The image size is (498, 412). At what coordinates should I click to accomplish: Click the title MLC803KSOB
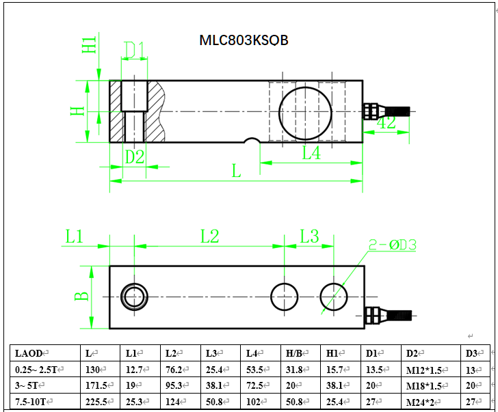[244, 40]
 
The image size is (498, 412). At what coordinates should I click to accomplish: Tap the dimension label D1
[134, 50]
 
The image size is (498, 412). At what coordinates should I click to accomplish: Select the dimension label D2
[134, 156]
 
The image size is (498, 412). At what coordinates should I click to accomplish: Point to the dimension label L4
[311, 153]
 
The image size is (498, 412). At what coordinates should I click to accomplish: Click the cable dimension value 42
[386, 124]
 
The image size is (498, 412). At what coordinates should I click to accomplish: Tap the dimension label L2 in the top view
[209, 236]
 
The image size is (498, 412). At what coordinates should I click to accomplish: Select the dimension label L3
[309, 236]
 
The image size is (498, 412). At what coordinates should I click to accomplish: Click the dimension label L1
[74, 236]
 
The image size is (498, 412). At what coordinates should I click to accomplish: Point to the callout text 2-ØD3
[393, 244]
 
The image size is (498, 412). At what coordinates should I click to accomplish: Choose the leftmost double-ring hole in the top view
[134, 297]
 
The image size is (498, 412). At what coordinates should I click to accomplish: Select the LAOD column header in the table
[28, 353]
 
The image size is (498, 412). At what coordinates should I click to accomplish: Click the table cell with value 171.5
[96, 385]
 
